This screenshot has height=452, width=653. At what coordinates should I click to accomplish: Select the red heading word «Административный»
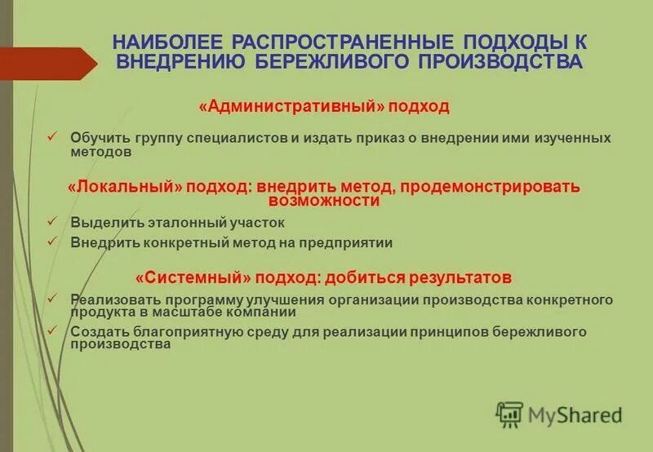pyautogui.click(x=291, y=107)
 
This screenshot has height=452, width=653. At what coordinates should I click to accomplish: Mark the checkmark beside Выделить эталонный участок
pyautogui.click(x=51, y=221)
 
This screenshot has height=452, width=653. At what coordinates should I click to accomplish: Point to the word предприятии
pyautogui.click(x=353, y=242)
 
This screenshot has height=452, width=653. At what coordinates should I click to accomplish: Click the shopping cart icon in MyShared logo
pyautogui.click(x=509, y=414)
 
